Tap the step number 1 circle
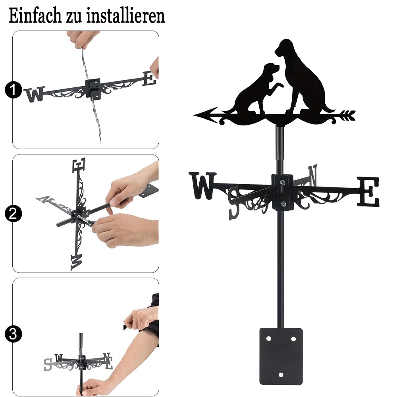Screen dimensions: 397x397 point(13,90)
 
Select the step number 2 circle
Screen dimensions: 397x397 point(13,214)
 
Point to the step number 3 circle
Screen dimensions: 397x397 point(13,334)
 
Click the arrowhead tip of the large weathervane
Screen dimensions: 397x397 point(194,115)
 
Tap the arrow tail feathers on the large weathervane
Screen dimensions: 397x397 point(348,116)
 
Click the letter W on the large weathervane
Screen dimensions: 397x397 point(202,185)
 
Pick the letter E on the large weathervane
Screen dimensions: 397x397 point(368,191)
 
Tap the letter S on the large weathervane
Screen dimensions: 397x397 point(234,202)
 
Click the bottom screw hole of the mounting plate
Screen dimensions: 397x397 point(281,374)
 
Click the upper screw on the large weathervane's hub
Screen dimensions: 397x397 point(283,182)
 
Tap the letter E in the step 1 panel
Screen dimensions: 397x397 point(149,79)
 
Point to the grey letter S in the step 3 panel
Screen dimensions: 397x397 point(48,364)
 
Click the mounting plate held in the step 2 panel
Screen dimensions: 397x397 point(148,191)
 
